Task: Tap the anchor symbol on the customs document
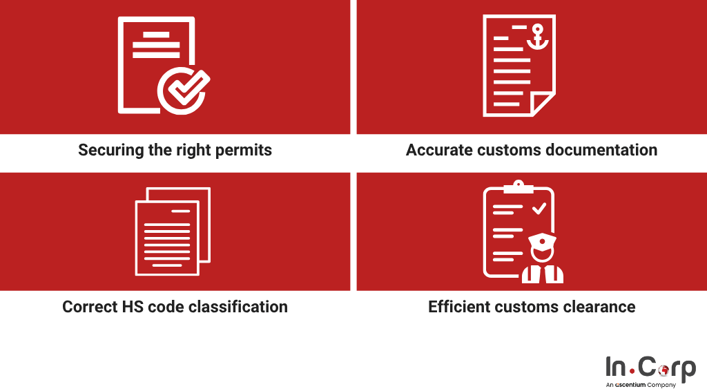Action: (x=537, y=37)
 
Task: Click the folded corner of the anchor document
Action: (x=542, y=104)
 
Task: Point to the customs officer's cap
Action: (x=542, y=239)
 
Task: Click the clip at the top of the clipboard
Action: (x=518, y=187)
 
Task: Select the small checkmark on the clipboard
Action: (x=539, y=209)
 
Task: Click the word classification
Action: (x=238, y=307)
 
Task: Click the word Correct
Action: (x=90, y=307)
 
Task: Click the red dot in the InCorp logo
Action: (x=632, y=372)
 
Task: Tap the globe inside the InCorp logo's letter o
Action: (x=663, y=370)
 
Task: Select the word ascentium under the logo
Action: (x=630, y=385)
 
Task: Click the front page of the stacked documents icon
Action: (x=167, y=238)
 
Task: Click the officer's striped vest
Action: (x=543, y=274)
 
